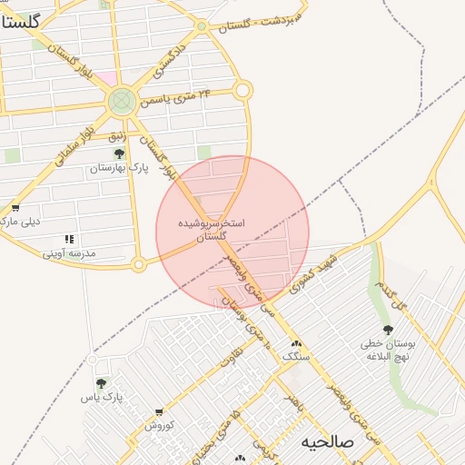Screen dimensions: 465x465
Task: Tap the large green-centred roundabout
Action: (122, 101)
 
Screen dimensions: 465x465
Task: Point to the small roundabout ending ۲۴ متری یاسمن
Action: (242, 90)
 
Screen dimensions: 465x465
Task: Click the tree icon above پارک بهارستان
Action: (119, 154)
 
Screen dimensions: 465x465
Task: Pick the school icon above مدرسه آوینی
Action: (69, 240)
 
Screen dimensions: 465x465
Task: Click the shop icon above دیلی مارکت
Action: (15, 209)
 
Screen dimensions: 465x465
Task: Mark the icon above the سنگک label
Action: (296, 343)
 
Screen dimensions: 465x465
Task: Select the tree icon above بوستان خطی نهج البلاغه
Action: (388, 330)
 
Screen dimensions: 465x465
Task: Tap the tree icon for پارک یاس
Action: (101, 384)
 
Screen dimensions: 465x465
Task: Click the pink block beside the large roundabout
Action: (108, 78)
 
